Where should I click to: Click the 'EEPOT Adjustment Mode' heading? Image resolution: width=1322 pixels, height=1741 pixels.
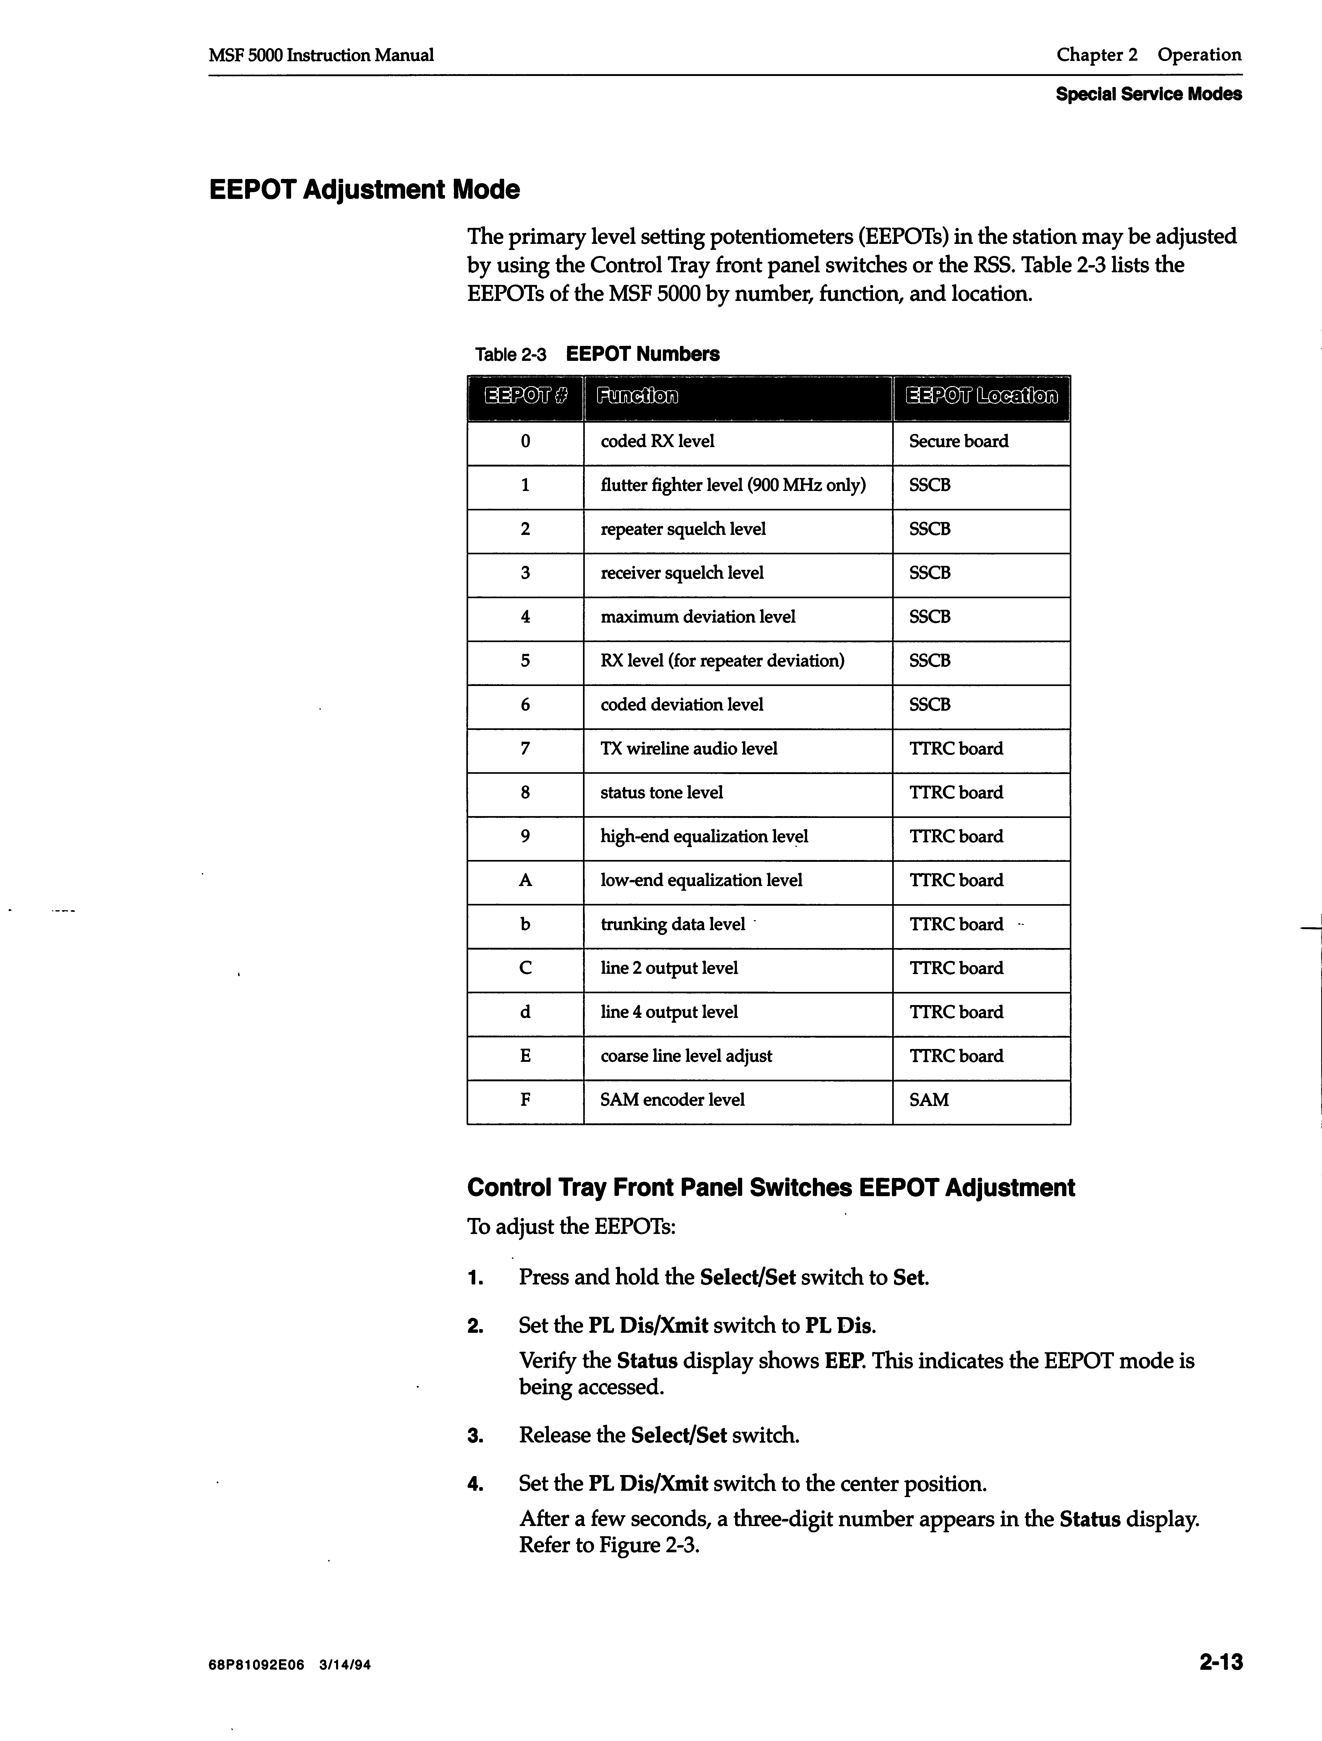364,190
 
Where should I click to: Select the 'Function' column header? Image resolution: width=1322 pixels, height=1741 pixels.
637,396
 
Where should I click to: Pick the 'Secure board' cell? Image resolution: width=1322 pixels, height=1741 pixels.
958,442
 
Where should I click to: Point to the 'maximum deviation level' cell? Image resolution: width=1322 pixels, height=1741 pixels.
697,617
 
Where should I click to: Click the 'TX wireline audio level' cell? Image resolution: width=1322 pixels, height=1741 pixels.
689,749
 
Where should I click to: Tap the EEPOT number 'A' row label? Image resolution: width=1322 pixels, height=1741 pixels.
525,881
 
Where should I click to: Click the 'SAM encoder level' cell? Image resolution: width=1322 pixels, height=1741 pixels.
672,1100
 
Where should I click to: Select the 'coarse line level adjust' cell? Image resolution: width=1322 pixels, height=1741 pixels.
686,1056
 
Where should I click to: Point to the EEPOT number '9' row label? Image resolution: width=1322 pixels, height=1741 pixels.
525,837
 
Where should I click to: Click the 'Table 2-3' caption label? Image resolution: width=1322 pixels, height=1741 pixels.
511,355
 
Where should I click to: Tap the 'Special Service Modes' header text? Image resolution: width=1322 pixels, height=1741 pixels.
1148,94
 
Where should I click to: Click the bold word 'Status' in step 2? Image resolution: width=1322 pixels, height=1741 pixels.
647,1361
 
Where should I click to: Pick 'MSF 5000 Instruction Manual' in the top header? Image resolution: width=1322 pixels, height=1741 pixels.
321,55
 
